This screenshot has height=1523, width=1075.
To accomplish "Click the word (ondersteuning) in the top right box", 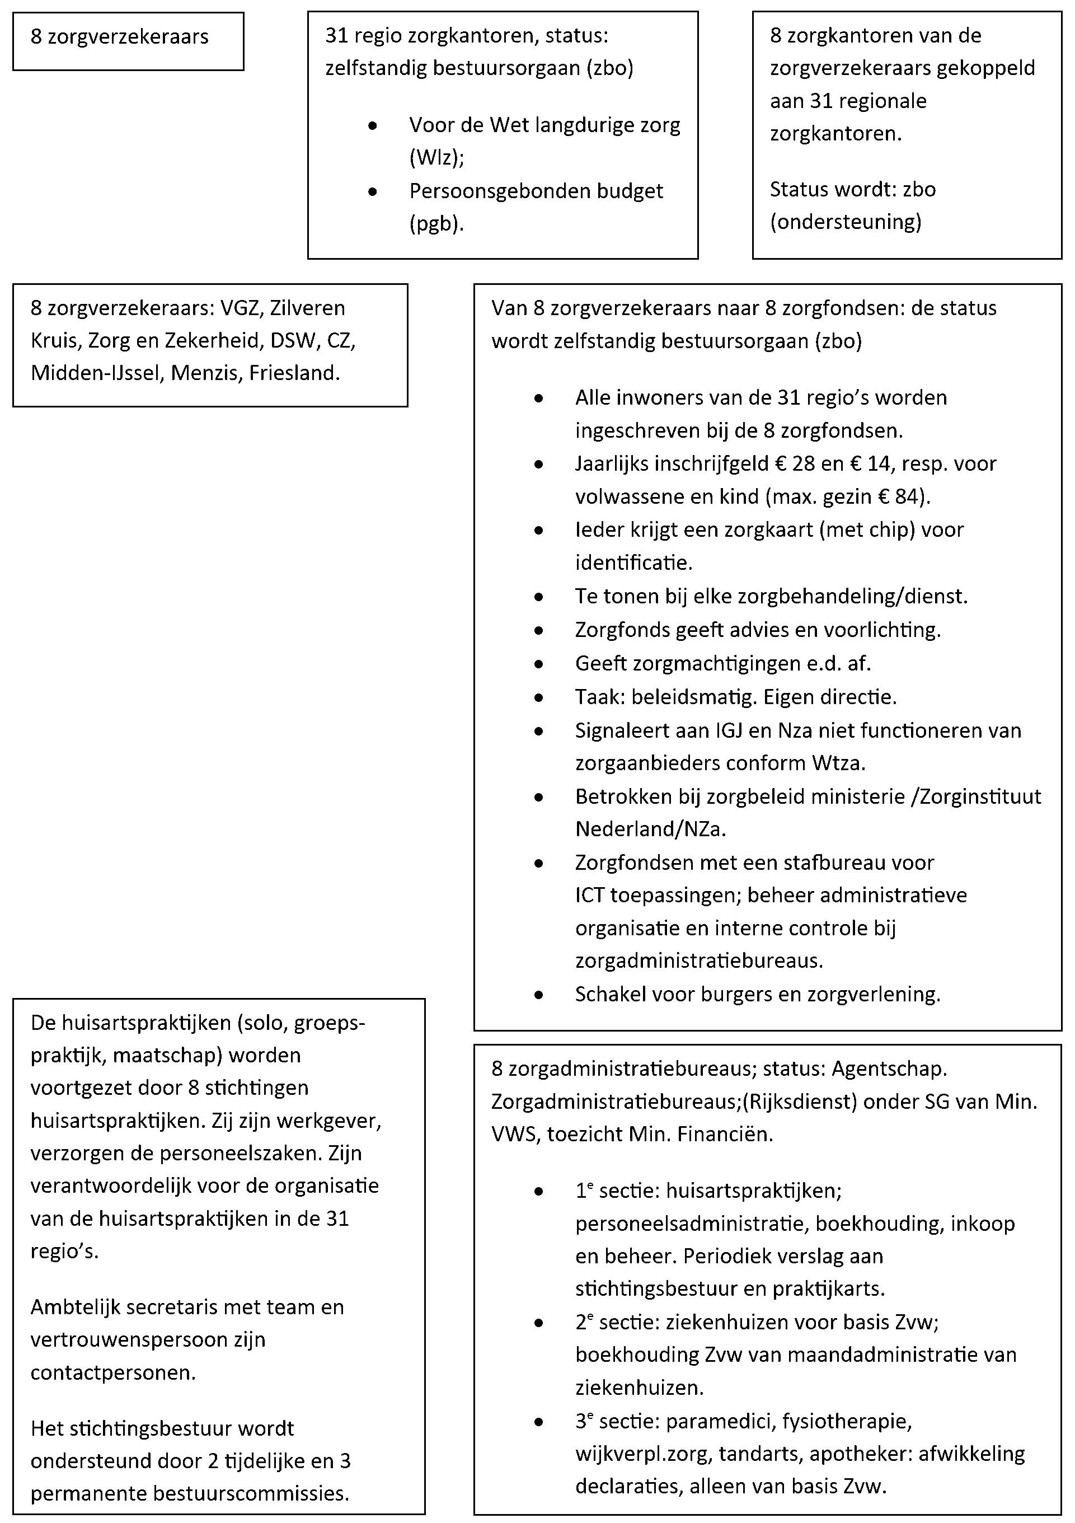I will point(846,222).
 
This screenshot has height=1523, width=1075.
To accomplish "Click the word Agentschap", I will point(889,1069).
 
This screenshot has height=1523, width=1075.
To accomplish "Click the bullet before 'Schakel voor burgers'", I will point(538,995).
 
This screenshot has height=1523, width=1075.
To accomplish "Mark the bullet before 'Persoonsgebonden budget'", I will point(373,191).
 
